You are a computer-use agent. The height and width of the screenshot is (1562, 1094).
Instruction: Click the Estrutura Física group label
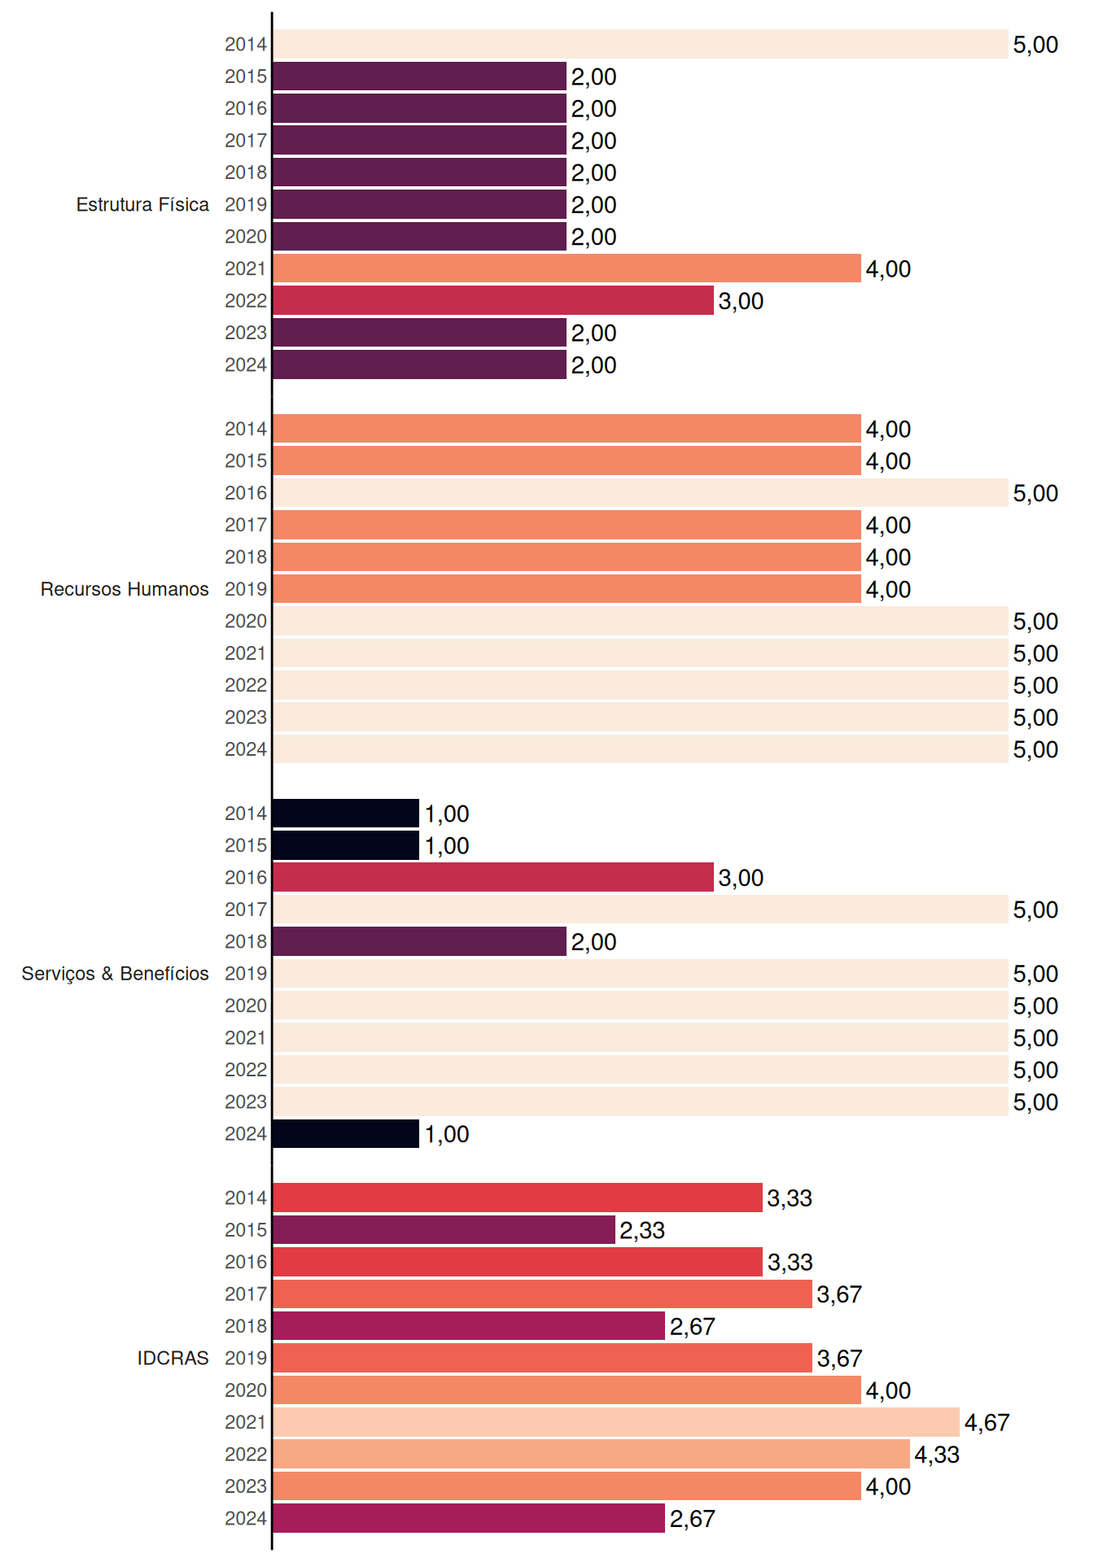pyautogui.click(x=142, y=204)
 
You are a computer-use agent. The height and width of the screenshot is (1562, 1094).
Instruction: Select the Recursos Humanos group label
pyautogui.click(x=125, y=589)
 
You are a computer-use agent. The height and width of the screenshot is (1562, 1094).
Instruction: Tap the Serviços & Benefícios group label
pyautogui.click(x=115, y=974)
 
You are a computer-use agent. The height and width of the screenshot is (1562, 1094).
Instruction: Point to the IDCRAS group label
pyautogui.click(x=173, y=1358)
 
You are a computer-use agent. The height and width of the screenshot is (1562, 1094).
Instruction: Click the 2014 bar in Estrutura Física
pyautogui.click(x=640, y=44)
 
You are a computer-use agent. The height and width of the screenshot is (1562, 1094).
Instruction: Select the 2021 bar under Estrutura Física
pyautogui.click(x=567, y=268)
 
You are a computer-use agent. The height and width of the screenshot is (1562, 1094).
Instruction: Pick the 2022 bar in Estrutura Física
pyautogui.click(x=493, y=300)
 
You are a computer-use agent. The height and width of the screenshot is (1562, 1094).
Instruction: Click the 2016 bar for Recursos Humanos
pyautogui.click(x=640, y=493)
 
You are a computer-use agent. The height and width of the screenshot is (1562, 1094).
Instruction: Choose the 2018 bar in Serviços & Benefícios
pyautogui.click(x=419, y=941)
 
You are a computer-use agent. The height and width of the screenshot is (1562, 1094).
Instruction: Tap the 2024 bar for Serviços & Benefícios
pyautogui.click(x=346, y=1133)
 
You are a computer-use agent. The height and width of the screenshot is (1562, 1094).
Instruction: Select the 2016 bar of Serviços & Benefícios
pyautogui.click(x=493, y=877)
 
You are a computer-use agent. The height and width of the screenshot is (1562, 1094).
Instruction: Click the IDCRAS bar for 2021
pyautogui.click(x=616, y=1422)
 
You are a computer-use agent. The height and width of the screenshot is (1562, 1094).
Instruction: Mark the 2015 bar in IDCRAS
pyautogui.click(x=444, y=1230)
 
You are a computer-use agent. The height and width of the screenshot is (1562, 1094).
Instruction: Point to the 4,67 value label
pyautogui.click(x=987, y=1423)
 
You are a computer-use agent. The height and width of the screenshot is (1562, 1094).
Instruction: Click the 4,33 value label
pyautogui.click(x=937, y=1455)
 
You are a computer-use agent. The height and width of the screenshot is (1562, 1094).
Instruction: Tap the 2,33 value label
pyautogui.click(x=642, y=1230)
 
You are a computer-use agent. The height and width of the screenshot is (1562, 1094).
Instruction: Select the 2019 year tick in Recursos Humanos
pyautogui.click(x=246, y=589)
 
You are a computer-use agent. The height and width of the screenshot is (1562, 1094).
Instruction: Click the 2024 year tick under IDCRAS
pyautogui.click(x=246, y=1518)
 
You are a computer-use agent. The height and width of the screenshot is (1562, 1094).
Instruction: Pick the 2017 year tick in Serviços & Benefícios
pyautogui.click(x=246, y=910)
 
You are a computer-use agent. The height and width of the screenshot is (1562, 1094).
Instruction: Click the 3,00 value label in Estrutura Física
pyautogui.click(x=741, y=301)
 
